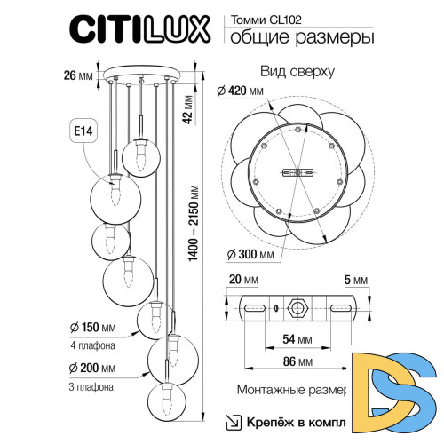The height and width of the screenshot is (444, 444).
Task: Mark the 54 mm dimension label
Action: (x=297, y=338)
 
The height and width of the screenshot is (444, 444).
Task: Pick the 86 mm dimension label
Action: (x=297, y=362)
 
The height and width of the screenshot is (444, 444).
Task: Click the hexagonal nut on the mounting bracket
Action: (x=297, y=309)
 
